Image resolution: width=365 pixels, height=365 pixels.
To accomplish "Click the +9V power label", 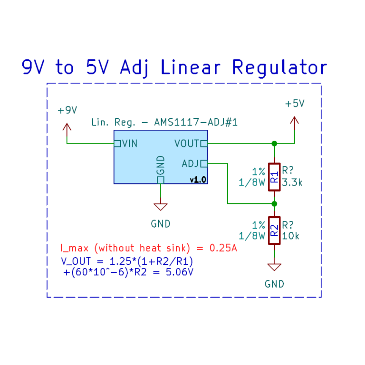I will pos(67,110).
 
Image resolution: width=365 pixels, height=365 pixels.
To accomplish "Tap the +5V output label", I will pos(294,104).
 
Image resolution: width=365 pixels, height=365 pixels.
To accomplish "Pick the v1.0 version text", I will pos(197,180).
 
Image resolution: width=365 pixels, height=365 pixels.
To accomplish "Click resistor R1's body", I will pos(274,177).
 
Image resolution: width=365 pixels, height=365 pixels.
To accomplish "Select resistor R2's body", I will pos(274,231).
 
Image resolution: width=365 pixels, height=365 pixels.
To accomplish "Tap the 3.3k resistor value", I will pos(292,182).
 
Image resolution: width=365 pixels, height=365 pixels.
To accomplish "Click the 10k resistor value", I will pos(290,236).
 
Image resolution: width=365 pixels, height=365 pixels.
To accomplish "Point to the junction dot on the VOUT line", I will pos(274,143).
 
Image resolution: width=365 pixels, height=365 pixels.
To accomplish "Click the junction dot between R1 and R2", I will pos(274,203).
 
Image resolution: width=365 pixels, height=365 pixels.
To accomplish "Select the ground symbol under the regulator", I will pos(161,206).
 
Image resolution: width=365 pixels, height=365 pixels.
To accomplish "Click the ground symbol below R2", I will pos(274,267).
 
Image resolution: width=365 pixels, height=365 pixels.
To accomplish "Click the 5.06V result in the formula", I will pos(181,272).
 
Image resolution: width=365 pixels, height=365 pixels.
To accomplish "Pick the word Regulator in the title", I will pos(279,67).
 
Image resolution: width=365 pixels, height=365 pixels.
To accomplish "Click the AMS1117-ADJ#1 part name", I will pos(195,123).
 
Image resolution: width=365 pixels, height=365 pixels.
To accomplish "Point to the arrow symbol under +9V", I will pos(67,127).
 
